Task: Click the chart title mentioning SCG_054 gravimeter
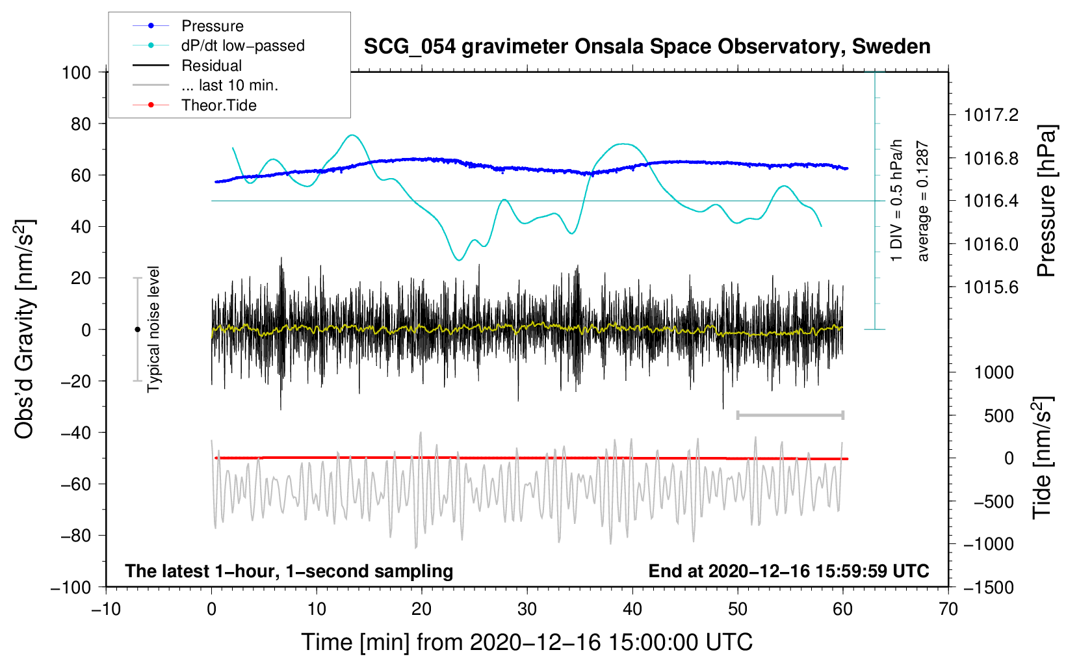coord(647,47)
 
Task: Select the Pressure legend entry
coord(213,26)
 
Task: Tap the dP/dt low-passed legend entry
coord(243,45)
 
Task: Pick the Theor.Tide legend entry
coord(218,105)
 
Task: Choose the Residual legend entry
coord(211,66)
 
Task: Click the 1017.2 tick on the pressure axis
coord(991,115)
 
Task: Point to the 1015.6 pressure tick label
coord(991,288)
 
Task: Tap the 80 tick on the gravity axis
coord(81,124)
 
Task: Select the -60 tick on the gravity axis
coord(75,484)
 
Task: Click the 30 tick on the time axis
coord(527,610)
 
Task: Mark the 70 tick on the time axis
coord(948,610)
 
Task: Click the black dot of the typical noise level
coord(137,330)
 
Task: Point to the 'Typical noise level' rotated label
coord(153,329)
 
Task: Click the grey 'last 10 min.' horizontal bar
coord(790,415)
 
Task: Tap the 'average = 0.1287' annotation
coord(922,201)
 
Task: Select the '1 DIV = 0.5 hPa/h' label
coord(896,201)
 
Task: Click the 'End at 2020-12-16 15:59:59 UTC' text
coord(788,571)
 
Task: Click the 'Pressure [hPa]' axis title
coord(1046,201)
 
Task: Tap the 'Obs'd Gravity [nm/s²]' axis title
coord(25,329)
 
